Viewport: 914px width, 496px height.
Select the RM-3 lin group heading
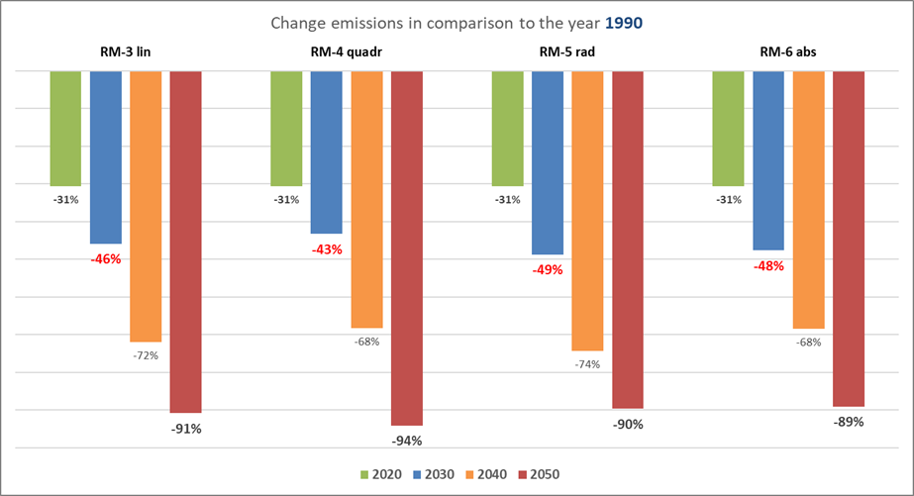[125, 52]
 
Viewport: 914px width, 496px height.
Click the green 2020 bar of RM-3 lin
[65, 129]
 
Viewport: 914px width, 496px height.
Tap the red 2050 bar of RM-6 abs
[849, 239]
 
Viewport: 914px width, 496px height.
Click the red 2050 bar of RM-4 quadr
[406, 248]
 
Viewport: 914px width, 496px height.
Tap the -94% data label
[406, 441]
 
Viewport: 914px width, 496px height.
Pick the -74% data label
[587, 364]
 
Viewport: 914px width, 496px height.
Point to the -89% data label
[849, 422]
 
